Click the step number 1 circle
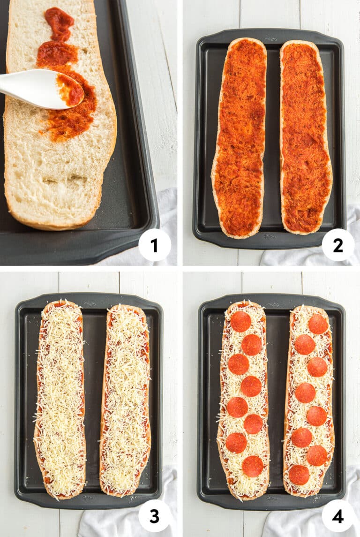[x=155, y=245]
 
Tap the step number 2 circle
[x=338, y=245]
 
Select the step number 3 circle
[x=155, y=516]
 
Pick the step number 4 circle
[x=338, y=516]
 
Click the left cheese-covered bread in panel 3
[x=60, y=399]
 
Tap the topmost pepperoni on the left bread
[x=241, y=321]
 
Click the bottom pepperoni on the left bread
[x=253, y=466]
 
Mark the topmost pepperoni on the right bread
[x=318, y=324]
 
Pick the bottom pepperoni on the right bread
[x=299, y=475]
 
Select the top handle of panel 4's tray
[x=271, y=298]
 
